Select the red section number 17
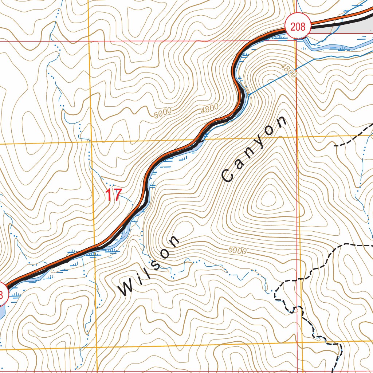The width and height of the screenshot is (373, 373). tap(113, 195)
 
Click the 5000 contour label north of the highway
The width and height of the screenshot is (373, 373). tap(162, 113)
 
